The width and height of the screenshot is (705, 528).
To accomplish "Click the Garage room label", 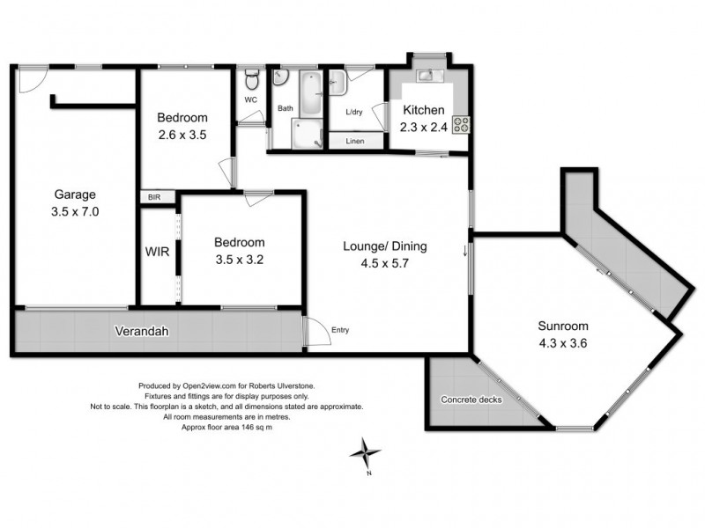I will click(74, 194).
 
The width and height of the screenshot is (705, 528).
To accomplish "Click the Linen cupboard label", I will click(355, 141).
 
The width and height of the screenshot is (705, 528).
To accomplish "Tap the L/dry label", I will click(355, 112).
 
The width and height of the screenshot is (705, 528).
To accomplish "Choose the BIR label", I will click(154, 198).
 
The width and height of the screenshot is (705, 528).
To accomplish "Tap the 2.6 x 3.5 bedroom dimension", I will click(182, 136).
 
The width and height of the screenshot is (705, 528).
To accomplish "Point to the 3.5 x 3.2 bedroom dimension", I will click(240, 260).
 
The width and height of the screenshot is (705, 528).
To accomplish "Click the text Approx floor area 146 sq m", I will click(226, 427).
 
